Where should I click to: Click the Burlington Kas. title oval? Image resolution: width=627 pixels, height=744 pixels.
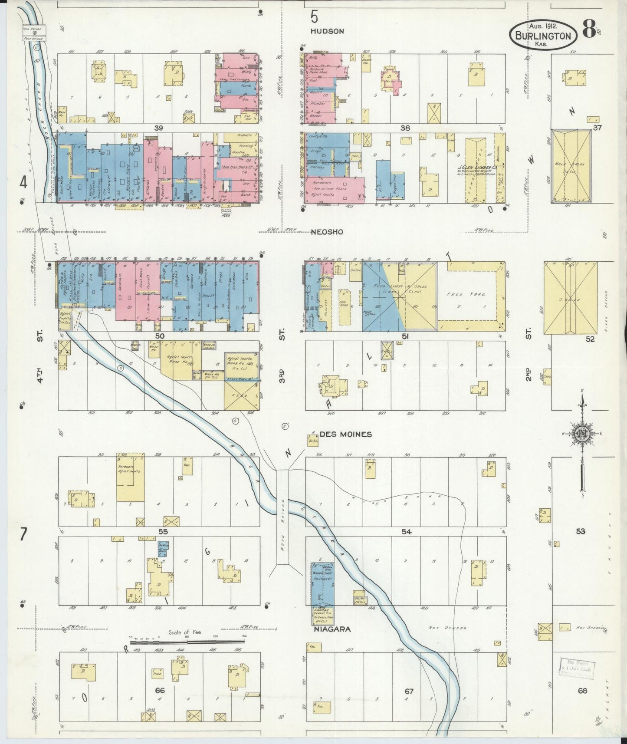[x=543, y=33]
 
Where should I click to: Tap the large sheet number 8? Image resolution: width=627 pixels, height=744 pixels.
[x=588, y=30]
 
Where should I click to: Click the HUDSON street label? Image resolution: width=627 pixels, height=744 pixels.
[x=327, y=31]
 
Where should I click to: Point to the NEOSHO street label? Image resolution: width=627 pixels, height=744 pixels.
[x=327, y=232]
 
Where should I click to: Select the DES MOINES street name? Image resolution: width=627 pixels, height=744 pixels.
[x=345, y=434]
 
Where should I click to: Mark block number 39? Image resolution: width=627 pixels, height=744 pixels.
[x=158, y=128]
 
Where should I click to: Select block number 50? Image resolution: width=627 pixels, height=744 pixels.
[x=160, y=336]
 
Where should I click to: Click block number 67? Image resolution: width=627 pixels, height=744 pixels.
[x=409, y=691]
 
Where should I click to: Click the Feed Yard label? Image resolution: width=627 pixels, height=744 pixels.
[x=461, y=294]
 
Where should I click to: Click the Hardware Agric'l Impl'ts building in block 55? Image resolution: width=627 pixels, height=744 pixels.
[x=131, y=477]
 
